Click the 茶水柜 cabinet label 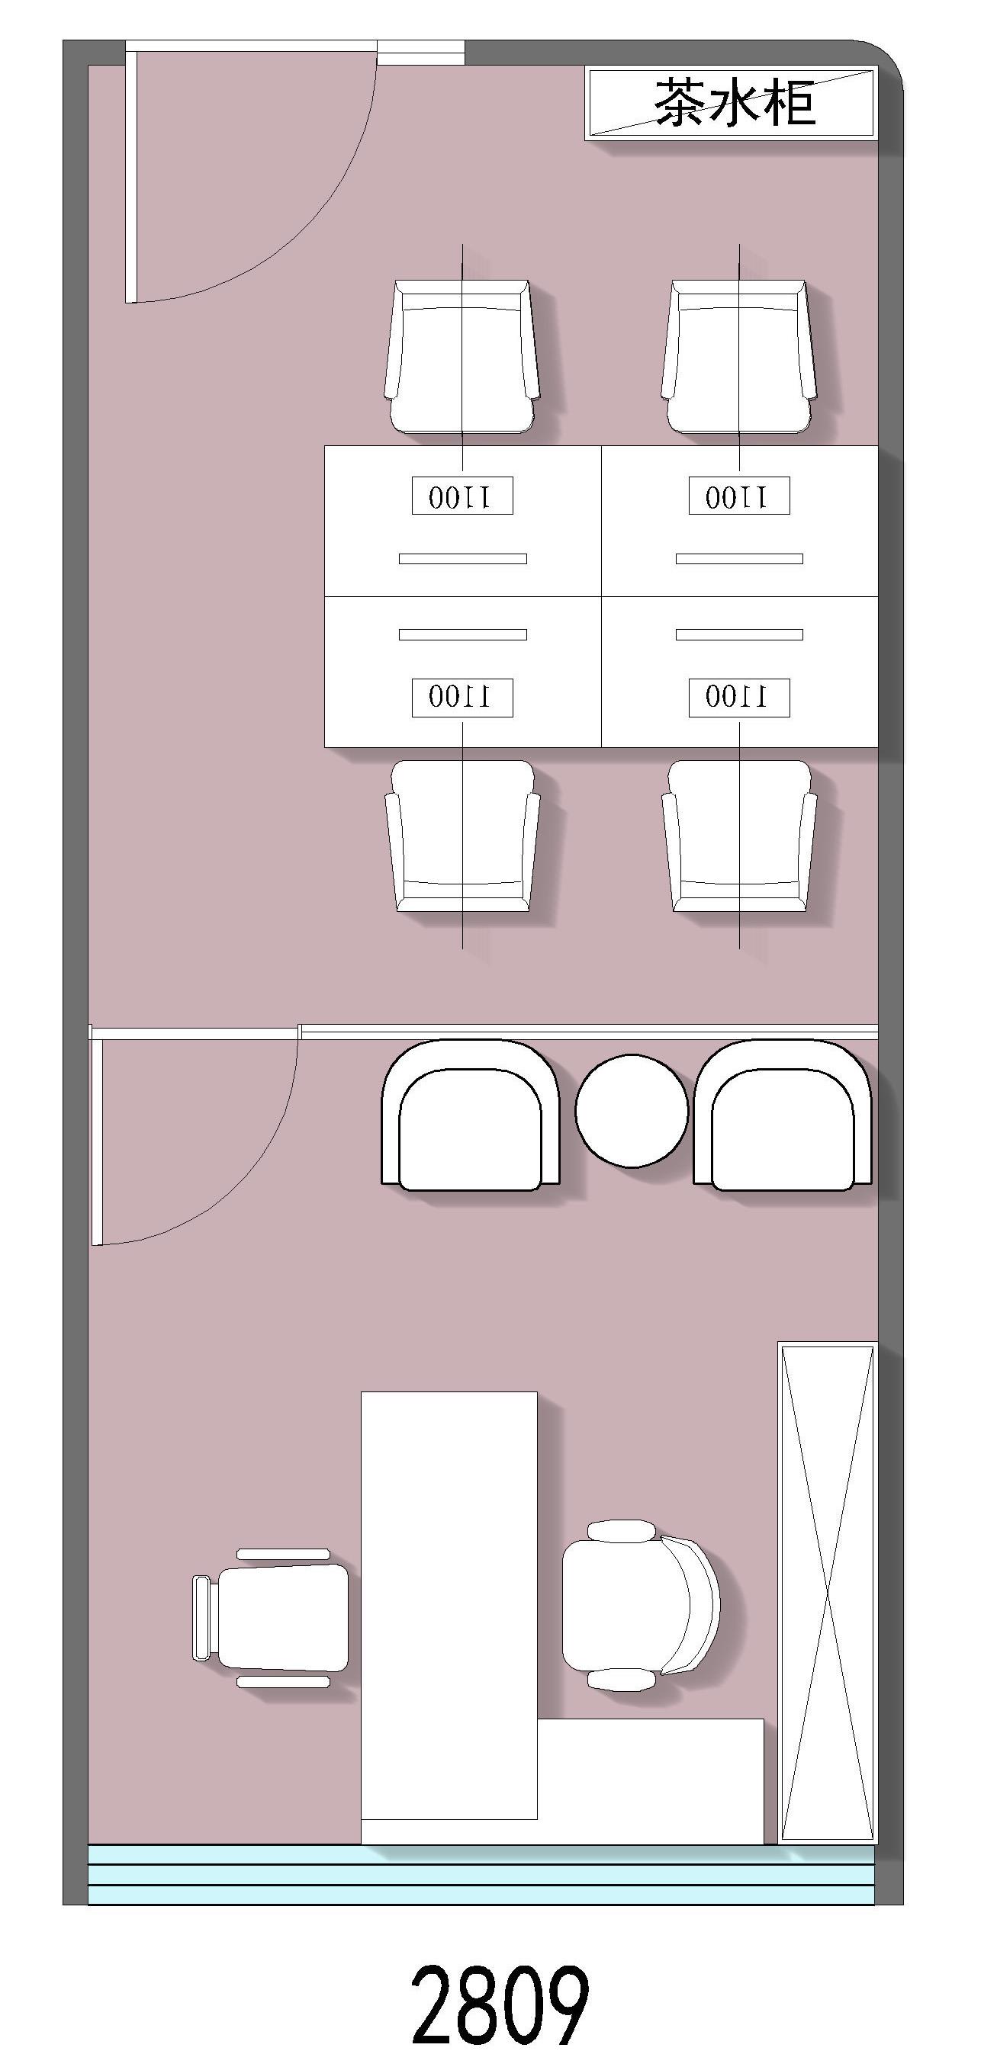tap(735, 102)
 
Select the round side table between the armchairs tap(632, 1111)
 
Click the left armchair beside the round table tap(471, 1115)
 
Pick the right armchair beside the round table tap(783, 1115)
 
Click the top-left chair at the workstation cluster tap(462, 356)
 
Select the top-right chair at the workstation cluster tap(738, 356)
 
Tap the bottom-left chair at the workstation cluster tap(462, 836)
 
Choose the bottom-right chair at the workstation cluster tap(738, 836)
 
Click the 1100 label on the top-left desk tap(462, 496)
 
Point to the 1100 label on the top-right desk tap(739, 496)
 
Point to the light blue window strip tap(481, 1874)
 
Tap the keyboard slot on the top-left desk tap(462, 558)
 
